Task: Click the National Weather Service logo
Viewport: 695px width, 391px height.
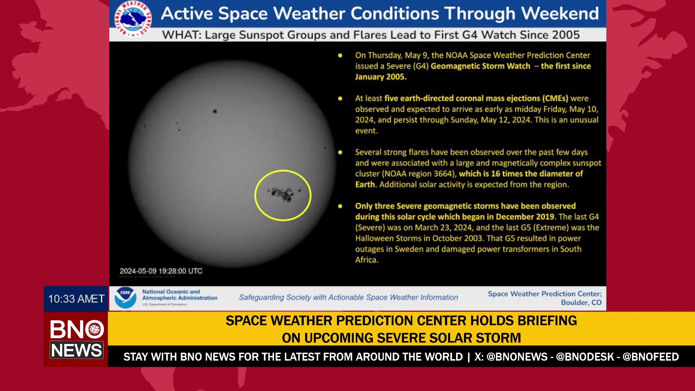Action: click(133, 18)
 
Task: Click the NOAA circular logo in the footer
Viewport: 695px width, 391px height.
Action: click(125, 298)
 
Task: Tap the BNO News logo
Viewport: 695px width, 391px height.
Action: click(76, 339)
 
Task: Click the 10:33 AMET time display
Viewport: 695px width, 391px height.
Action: click(76, 299)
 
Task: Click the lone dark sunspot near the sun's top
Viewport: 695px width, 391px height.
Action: click(215, 111)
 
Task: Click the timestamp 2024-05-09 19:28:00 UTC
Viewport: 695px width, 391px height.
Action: click(161, 271)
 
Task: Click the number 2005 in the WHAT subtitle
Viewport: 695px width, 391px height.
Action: click(566, 35)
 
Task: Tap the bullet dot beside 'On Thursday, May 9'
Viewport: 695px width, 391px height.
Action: click(340, 55)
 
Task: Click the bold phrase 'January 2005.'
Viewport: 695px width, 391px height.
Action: click(380, 77)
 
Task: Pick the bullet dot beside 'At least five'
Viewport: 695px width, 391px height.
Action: click(340, 98)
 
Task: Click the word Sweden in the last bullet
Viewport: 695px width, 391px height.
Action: click(408, 249)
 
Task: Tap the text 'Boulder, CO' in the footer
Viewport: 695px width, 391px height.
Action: click(581, 303)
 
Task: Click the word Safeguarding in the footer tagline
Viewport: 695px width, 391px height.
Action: click(261, 298)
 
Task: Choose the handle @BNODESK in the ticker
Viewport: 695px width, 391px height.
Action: click(585, 357)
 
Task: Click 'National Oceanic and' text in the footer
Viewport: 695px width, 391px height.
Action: click(171, 292)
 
